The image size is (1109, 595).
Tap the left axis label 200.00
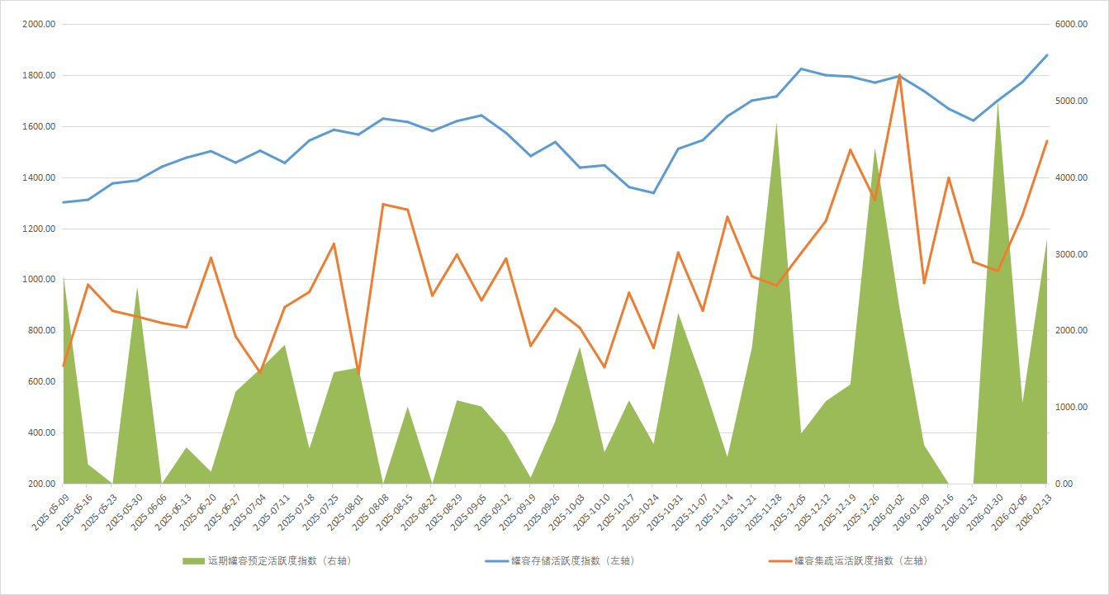pos(42,484)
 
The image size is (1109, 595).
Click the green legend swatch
pos(193,561)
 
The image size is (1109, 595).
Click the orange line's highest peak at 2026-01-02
pos(898,75)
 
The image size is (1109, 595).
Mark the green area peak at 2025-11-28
pos(776,124)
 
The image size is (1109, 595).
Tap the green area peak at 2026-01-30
pos(998,103)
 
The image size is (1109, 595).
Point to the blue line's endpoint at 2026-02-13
pos(1047,55)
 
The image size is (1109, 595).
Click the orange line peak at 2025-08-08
pos(383,204)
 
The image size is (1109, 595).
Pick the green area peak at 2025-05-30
pos(137,287)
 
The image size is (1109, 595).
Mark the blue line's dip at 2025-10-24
pos(653,193)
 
